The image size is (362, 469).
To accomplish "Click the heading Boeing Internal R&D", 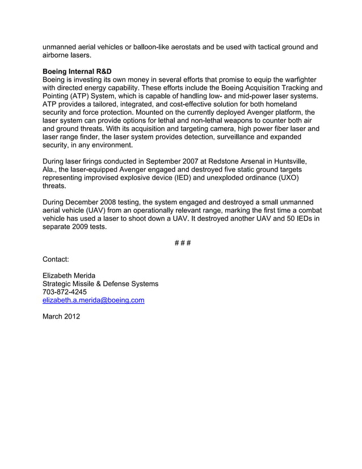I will click(x=77, y=72).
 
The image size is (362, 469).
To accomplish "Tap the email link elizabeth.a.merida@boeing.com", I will click(x=94, y=300).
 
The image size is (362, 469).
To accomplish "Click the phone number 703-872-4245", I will click(x=65, y=292).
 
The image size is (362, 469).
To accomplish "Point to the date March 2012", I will click(x=61, y=316).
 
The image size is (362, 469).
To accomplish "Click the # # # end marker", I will click(x=181, y=243).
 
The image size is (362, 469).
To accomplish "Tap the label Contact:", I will click(x=56, y=259).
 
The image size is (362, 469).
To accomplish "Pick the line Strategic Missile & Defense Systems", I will click(x=100, y=284).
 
